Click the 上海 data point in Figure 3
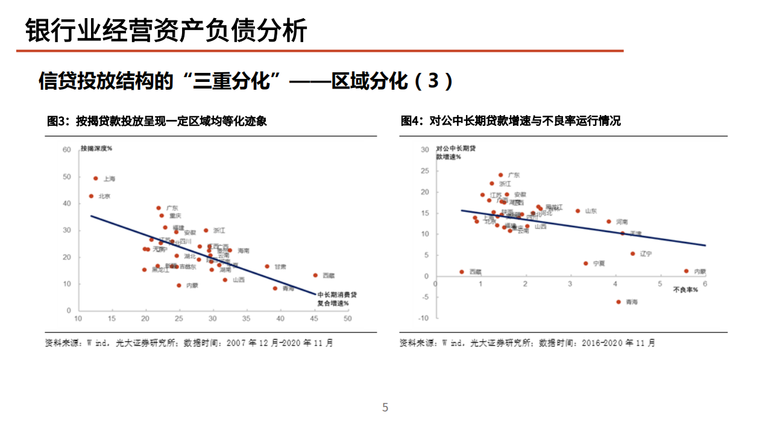point(95,178)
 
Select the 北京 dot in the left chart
point(91,196)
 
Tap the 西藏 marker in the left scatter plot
point(315,275)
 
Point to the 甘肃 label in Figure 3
point(280,266)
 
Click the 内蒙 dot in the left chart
point(179,285)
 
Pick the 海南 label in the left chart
point(243,251)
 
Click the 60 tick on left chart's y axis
point(67,150)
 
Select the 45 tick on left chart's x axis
point(314,319)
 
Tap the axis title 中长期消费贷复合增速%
point(337,299)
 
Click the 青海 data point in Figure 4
point(618,302)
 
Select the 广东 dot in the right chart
point(500,175)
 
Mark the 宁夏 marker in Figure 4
point(585,263)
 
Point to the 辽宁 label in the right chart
point(646,254)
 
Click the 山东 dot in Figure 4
point(577,211)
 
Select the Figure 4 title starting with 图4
point(510,121)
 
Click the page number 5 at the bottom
point(385,408)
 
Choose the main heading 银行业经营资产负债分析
point(166,30)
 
